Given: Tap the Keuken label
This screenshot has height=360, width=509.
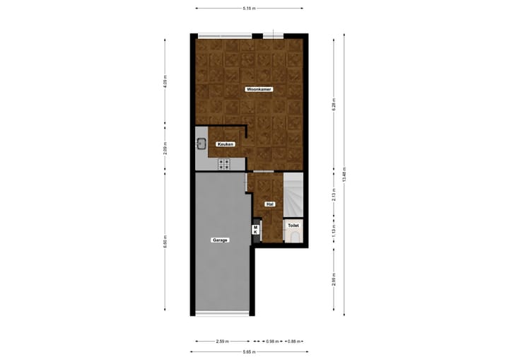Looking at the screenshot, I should [226, 144].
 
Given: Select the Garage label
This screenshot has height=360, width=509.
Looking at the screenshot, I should [220, 240].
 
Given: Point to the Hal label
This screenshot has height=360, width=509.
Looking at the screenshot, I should [269, 204].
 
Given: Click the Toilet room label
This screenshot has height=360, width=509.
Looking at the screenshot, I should [293, 226].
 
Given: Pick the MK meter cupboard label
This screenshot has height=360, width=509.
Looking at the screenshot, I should [255, 230].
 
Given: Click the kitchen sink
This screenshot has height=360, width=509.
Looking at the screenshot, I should [201, 144].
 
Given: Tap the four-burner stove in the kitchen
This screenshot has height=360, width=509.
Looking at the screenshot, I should [223, 164].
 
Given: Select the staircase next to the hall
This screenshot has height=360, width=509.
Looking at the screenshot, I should [293, 191].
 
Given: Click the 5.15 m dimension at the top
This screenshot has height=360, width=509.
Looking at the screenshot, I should [249, 8].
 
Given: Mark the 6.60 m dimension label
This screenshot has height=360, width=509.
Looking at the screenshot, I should [165, 240].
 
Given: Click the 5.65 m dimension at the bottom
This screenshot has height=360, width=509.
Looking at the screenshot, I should [249, 352].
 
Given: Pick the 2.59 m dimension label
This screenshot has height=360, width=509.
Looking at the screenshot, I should [221, 342].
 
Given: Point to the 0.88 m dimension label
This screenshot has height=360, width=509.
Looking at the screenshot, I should [292, 342].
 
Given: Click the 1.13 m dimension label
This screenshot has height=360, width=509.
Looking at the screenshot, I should [334, 230].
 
